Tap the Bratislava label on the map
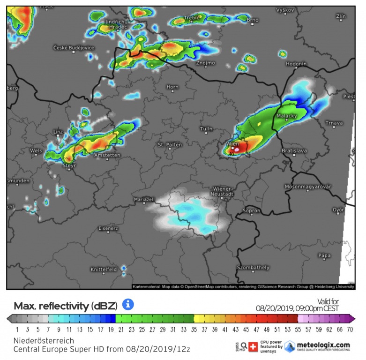click(294, 150)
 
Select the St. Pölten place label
click(170, 145)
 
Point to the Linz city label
click(58, 132)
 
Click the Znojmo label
click(206, 62)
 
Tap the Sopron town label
click(252, 211)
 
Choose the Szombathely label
click(253, 267)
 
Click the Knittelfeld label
click(104, 270)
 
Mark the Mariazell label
click(144, 199)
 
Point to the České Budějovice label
click(74, 48)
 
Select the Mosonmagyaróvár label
click(308, 187)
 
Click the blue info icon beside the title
click(128, 305)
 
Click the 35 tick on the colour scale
click(194, 330)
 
